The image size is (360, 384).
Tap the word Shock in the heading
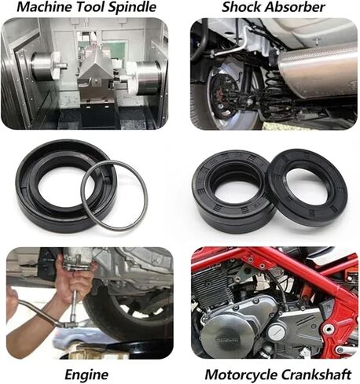pyautogui.click(x=241, y=8)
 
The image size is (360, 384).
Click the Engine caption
pyautogui.click(x=87, y=374)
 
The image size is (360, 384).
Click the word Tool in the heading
pyautogui.click(x=90, y=8)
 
